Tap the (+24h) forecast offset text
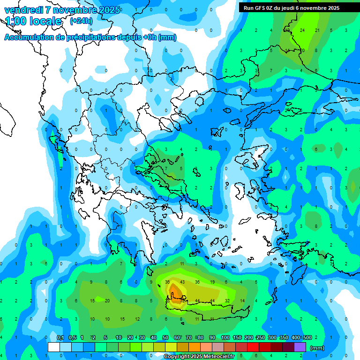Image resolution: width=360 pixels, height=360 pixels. coord(81,21)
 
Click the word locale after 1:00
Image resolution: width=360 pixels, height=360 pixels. coord(44,21)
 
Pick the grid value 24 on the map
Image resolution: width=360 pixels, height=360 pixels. coord(302,30)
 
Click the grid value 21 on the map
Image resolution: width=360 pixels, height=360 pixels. coord(317,30)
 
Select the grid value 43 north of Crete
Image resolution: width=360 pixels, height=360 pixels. coord(183,282)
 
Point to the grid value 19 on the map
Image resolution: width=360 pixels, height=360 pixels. coord(212,282)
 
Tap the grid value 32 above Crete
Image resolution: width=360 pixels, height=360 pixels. coord(227,300)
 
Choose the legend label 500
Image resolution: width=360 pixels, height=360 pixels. coord(307,337)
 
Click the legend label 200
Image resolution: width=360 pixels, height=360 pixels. coord(248,337)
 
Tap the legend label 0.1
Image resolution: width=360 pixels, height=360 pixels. coord(60,337)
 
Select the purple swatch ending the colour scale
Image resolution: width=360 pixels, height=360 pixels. coord(300,347)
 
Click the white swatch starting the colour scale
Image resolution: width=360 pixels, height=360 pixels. coord(54,347)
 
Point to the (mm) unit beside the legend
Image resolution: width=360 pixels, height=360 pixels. coord(317,348)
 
